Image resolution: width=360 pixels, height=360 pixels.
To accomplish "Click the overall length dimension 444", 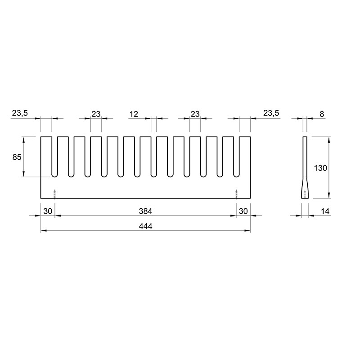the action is coord(145,226).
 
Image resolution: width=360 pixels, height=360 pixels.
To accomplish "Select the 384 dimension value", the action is coord(145,211).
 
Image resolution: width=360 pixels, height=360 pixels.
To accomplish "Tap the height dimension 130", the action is coord(320,168).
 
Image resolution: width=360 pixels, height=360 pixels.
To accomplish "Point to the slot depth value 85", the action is coord(17,157).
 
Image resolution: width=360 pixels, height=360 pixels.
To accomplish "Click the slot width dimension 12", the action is coord(134,114).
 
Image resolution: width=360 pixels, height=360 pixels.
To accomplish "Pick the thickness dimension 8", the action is coord(322,114).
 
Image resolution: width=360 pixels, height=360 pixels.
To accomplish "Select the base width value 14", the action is coord(325,211).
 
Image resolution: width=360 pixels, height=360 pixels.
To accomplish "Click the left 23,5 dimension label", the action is coord(20,113).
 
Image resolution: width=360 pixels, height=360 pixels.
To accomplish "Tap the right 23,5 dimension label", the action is coord(271,113).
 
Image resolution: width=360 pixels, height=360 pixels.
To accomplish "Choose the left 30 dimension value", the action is coord(48,211).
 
